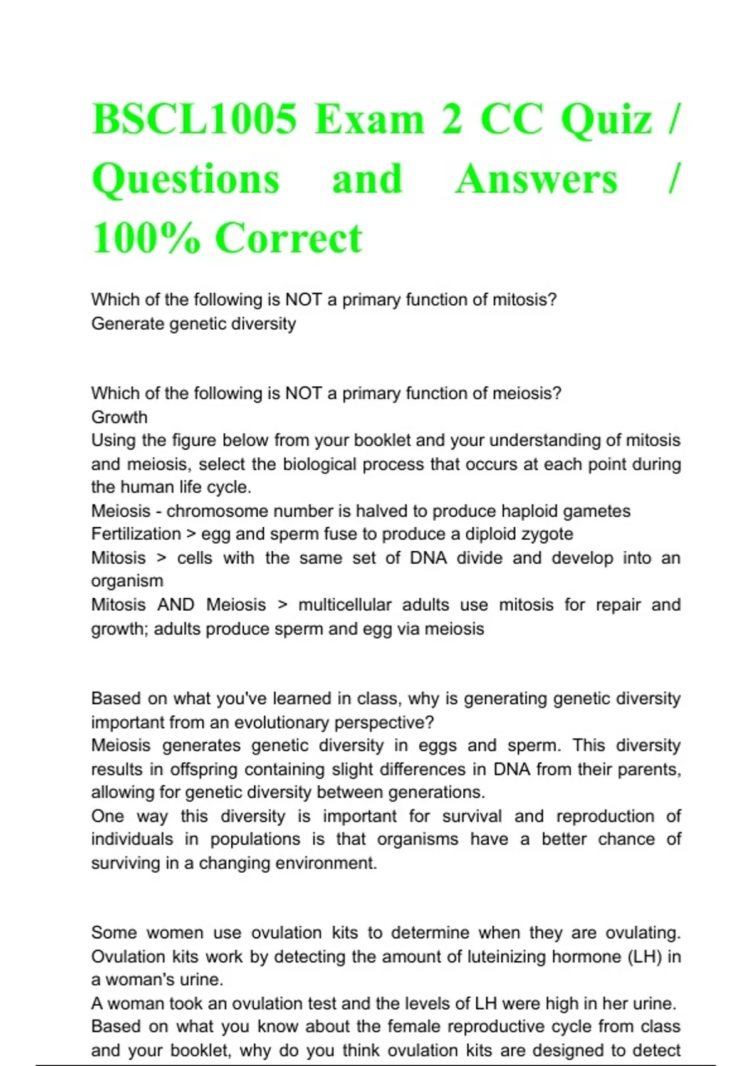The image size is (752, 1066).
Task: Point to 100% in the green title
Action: click(x=146, y=238)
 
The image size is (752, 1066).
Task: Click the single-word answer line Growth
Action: click(x=119, y=417)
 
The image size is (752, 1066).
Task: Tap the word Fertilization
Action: click(x=136, y=534)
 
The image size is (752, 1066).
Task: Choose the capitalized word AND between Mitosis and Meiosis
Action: click(x=175, y=605)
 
